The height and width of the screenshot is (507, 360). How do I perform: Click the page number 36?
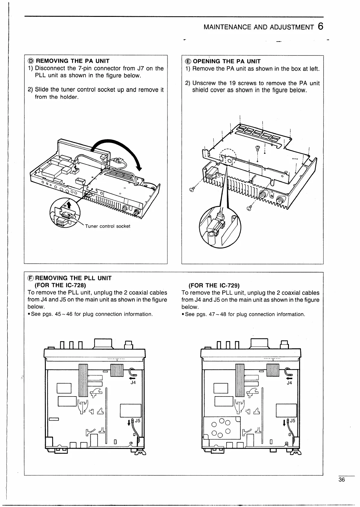pyautogui.click(x=341, y=480)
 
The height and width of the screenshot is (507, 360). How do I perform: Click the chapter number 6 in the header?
pyautogui.click(x=320, y=27)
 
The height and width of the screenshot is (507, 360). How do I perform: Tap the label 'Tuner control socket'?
pyautogui.click(x=108, y=226)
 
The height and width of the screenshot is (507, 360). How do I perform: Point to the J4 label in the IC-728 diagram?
pyautogui.click(x=133, y=383)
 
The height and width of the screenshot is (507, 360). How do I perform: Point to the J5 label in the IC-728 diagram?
pyautogui.click(x=137, y=421)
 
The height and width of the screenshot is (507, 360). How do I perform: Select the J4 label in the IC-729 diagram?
pyautogui.click(x=289, y=383)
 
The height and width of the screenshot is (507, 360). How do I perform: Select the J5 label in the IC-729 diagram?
pyautogui.click(x=293, y=421)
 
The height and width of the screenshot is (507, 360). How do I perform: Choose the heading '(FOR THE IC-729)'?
pyautogui.click(x=214, y=285)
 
